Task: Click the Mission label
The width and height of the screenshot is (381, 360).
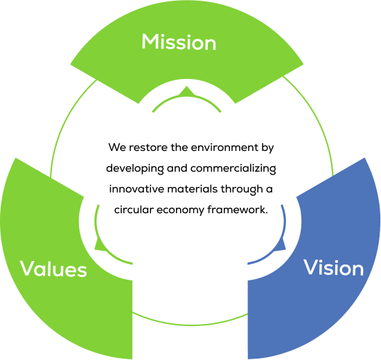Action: coord(179,42)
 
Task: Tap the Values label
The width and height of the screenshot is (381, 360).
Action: coord(53,269)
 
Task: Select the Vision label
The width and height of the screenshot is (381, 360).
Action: coord(334,267)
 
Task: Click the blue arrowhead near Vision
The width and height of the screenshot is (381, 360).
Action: coord(282,244)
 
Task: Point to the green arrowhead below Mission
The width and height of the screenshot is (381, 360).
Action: coord(186,91)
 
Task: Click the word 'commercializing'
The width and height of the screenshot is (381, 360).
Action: coord(233,169)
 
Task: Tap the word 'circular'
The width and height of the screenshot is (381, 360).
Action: coord(134,210)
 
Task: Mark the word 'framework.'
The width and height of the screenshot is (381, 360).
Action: coord(238,210)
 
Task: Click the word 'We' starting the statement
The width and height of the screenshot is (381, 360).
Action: coord(117,147)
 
